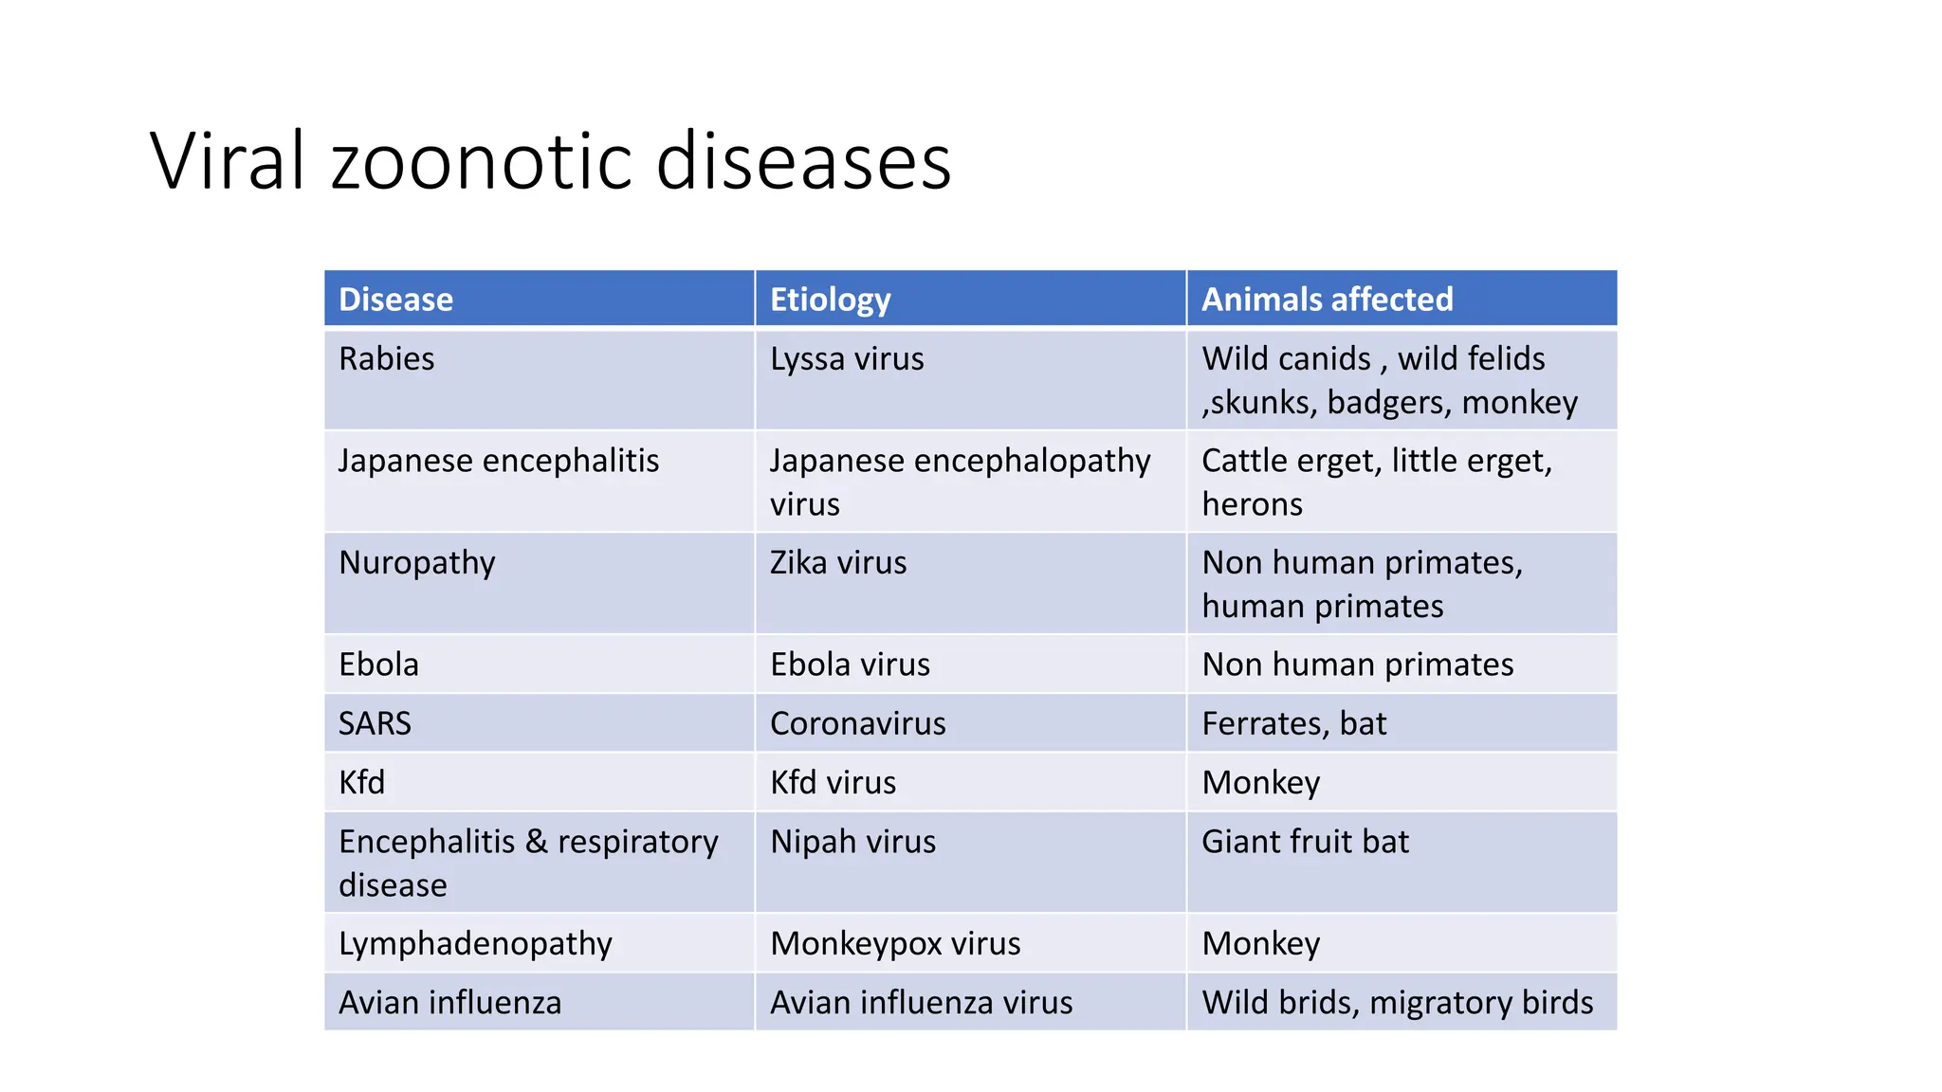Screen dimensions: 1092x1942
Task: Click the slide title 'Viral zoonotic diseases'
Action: click(x=550, y=161)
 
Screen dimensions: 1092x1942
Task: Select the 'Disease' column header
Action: click(x=395, y=300)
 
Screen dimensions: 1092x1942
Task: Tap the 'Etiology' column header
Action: click(x=830, y=300)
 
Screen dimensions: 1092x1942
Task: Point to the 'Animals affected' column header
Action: click(x=1327, y=300)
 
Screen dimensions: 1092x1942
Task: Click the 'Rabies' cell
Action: click(x=386, y=359)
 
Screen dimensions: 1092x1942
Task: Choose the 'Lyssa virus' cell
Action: click(x=846, y=359)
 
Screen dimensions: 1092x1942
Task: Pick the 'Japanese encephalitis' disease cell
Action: click(x=498, y=461)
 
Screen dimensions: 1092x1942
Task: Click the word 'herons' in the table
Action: click(x=1252, y=504)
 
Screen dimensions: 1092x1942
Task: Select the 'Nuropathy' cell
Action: click(x=416, y=563)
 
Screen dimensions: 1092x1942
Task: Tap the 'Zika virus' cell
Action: click(x=837, y=563)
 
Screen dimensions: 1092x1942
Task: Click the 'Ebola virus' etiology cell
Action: click(x=850, y=664)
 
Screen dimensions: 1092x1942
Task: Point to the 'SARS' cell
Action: click(x=375, y=724)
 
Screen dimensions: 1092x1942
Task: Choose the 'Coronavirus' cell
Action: click(x=857, y=724)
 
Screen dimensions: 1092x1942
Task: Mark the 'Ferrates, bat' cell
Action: click(x=1293, y=724)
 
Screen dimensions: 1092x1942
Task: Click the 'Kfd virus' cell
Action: click(x=833, y=783)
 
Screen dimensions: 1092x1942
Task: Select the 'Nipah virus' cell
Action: click(x=852, y=842)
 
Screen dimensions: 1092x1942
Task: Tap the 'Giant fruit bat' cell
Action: click(x=1305, y=842)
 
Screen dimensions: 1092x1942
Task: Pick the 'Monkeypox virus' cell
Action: click(x=895, y=944)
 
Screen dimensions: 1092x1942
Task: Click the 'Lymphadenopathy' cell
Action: click(x=475, y=944)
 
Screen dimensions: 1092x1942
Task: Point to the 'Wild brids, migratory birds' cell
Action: click(x=1397, y=1003)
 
